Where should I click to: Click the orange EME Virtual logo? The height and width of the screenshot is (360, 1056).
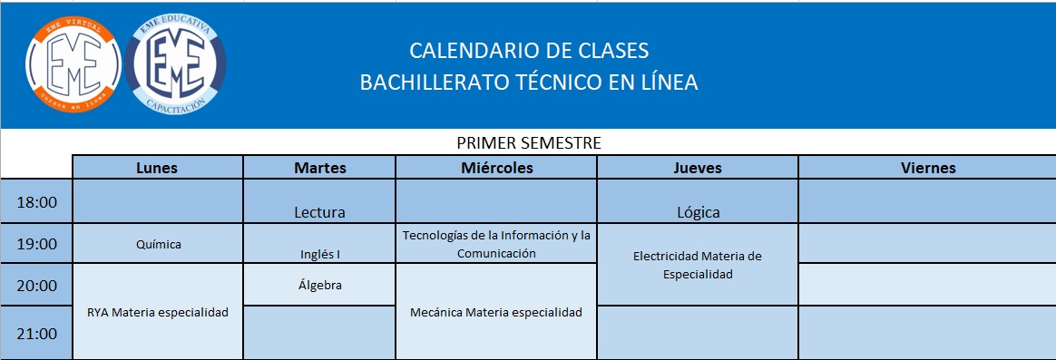(73, 63)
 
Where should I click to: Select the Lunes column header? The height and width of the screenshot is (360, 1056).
(157, 168)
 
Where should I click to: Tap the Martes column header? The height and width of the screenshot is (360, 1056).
(320, 168)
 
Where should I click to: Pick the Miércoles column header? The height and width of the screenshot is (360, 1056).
(496, 168)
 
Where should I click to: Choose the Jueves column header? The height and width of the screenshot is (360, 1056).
(698, 168)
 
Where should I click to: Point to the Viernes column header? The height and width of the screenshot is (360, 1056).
(927, 168)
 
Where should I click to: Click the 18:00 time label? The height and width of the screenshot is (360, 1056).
(36, 202)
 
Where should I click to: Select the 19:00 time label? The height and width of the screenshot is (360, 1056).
(36, 244)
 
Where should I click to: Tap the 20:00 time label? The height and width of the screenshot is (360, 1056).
(36, 286)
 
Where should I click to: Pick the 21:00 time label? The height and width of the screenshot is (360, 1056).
(36, 334)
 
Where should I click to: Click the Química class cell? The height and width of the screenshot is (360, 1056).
(158, 244)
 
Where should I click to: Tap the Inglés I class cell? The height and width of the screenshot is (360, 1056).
(320, 244)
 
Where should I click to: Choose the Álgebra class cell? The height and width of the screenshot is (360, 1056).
(320, 285)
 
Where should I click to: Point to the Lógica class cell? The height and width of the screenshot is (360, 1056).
(698, 201)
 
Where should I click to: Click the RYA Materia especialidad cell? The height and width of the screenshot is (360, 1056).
(158, 312)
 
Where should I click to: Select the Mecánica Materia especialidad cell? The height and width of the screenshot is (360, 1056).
(496, 312)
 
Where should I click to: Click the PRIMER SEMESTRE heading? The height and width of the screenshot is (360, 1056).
(529, 142)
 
